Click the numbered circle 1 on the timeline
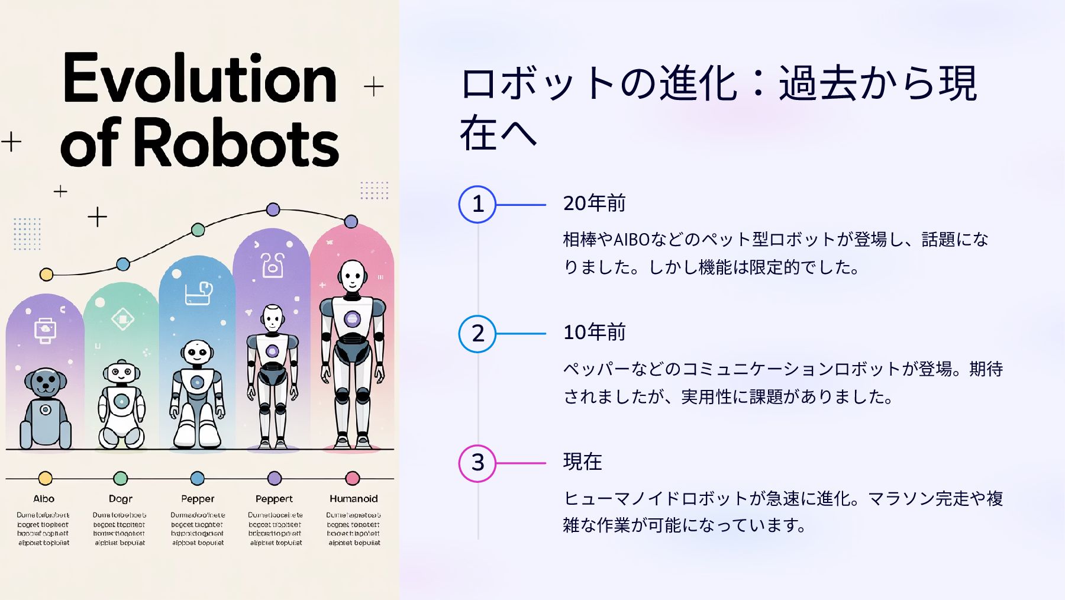(477, 205)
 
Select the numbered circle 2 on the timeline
(477, 334)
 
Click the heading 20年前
(594, 204)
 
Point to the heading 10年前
(594, 333)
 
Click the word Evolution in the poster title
(200, 79)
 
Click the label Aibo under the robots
(44, 499)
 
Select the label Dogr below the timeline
(120, 499)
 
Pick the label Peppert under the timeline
(274, 499)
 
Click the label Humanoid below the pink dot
(353, 499)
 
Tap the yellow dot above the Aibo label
(45, 478)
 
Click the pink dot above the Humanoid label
(353, 478)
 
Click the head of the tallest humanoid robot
(353, 275)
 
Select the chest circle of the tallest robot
(352, 319)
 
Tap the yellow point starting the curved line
(46, 275)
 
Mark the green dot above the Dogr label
(120, 478)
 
